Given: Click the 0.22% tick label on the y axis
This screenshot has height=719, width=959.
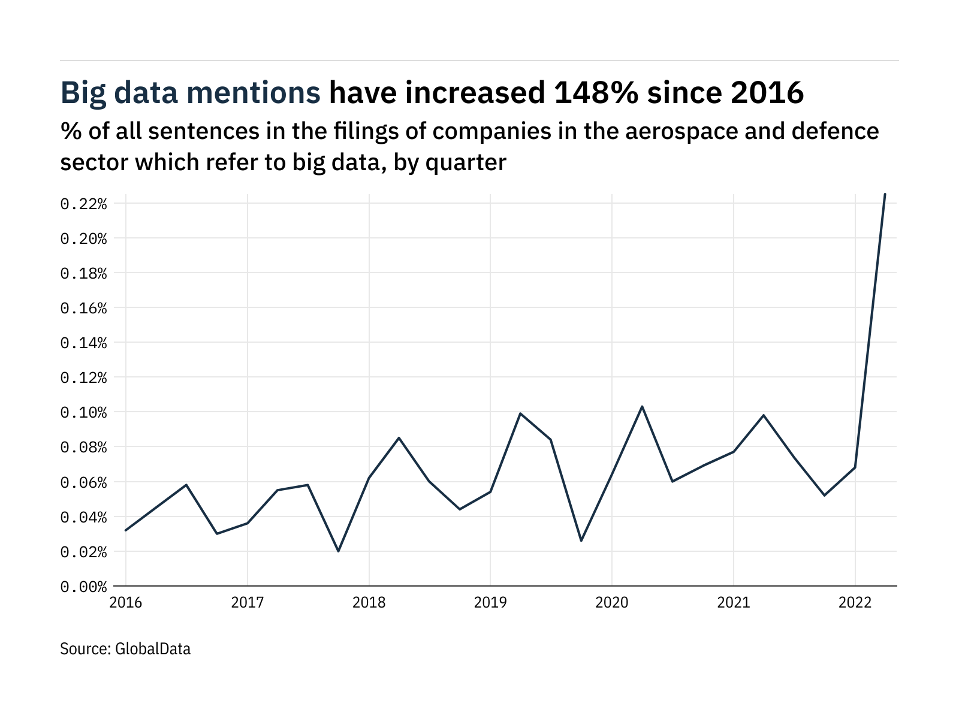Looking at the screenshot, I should (x=83, y=204).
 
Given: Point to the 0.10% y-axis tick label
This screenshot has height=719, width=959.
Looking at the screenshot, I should (x=83, y=413).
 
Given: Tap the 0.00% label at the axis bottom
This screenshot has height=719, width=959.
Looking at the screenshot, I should (x=83, y=587).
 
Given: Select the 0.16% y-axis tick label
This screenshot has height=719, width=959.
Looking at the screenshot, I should (x=83, y=309).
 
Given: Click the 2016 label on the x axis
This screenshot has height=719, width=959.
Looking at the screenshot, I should (x=126, y=603).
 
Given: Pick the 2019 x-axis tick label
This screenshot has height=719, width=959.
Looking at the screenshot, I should (x=490, y=603).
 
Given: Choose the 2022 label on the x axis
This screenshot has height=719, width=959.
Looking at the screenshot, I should (x=855, y=603).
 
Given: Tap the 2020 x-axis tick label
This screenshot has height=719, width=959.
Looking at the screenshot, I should (x=612, y=603).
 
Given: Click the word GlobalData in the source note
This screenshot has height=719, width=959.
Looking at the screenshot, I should (x=153, y=649).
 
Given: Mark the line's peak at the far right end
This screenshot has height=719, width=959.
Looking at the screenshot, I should (x=885, y=194).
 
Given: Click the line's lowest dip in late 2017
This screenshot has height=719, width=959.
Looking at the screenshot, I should (x=338, y=551).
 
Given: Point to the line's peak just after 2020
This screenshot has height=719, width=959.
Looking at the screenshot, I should (x=642, y=406).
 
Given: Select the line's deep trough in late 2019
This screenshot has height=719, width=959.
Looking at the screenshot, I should (x=581, y=540).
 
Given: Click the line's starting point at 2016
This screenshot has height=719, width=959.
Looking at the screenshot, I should (x=126, y=530).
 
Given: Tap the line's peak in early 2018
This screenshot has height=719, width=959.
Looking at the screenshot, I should (x=399, y=438).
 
